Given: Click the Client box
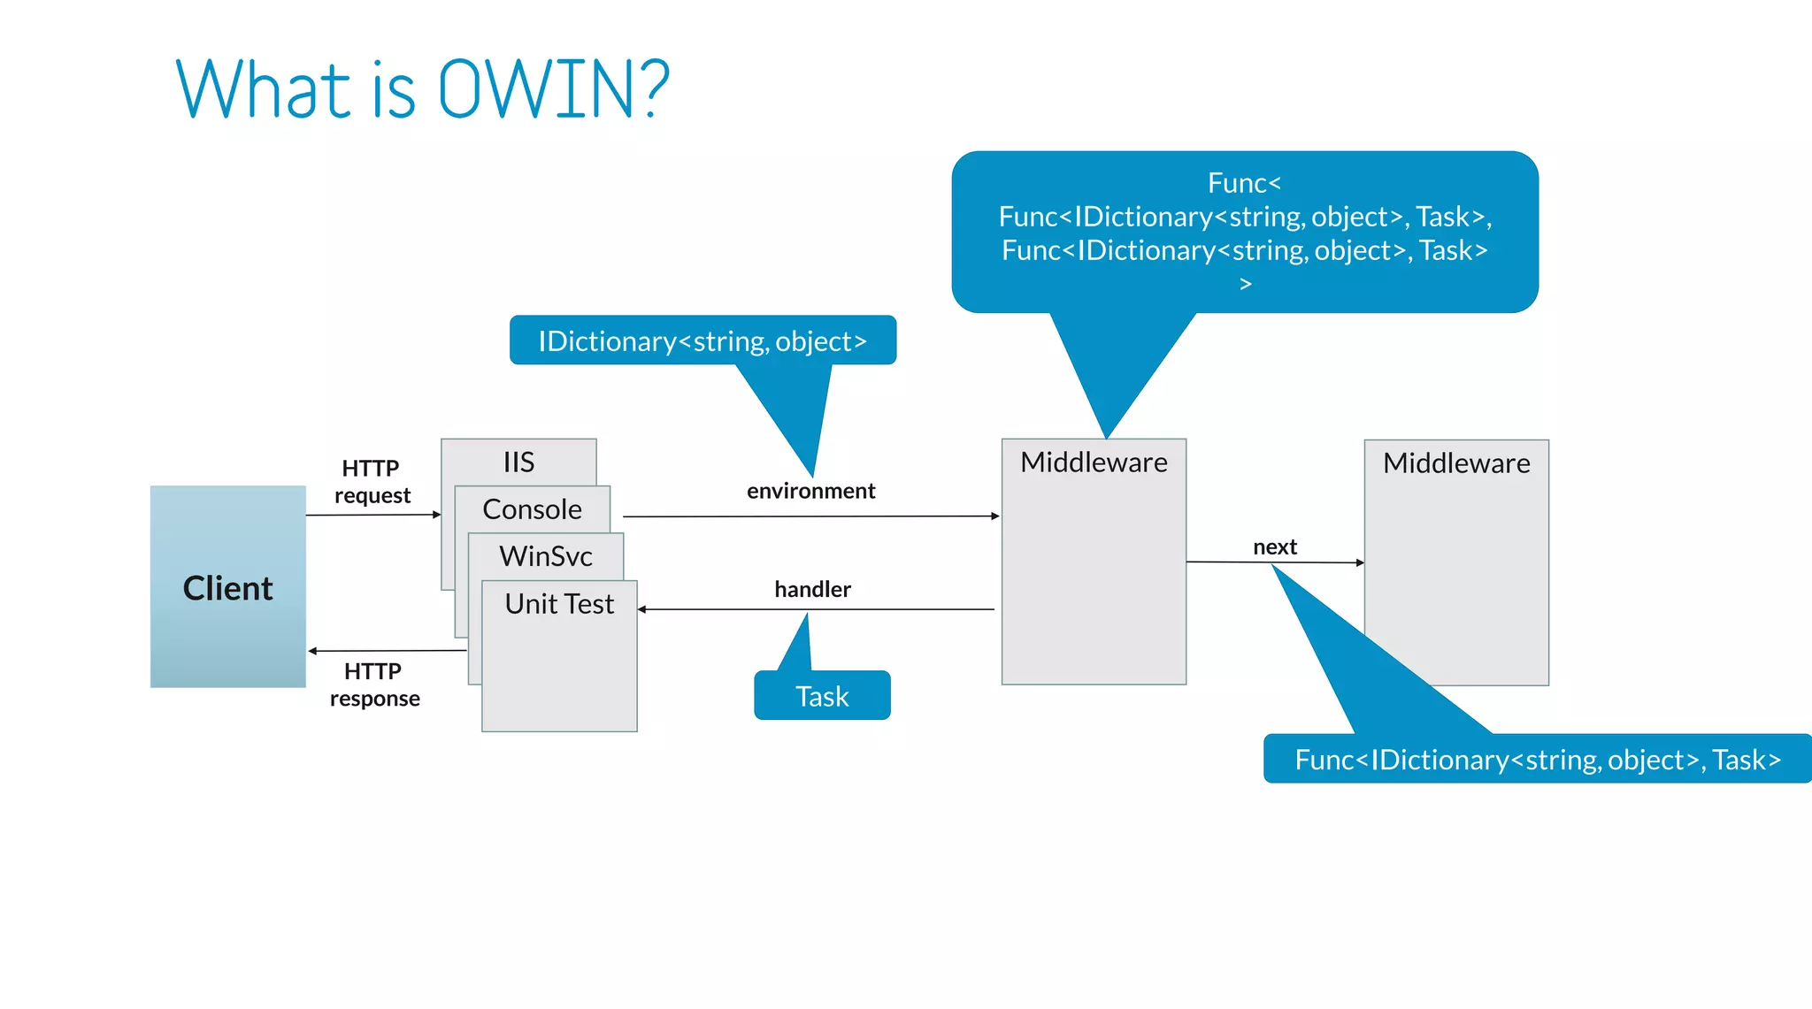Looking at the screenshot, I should (227, 588).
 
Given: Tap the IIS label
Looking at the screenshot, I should (518, 462).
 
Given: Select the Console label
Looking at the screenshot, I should (532, 509).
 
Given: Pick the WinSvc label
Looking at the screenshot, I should (545, 556).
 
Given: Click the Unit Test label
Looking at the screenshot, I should (559, 604).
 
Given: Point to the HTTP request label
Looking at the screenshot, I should (372, 481).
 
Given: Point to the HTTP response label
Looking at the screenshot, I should (374, 684).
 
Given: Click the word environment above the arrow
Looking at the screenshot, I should (810, 491).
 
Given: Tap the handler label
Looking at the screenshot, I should (812, 589).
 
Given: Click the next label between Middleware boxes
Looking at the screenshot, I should (1274, 547).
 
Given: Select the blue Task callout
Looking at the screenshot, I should (822, 696).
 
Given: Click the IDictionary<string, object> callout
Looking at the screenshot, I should (703, 340).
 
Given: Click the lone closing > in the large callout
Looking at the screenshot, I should (1245, 284).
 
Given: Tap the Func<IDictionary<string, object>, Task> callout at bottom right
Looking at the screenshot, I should (1537, 760).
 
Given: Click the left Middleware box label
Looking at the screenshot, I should (1094, 462).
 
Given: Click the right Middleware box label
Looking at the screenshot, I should (1456, 463).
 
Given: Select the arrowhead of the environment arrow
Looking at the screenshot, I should (995, 516).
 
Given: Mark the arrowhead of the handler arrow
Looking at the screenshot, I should (642, 609).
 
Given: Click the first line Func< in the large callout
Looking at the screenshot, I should (1244, 183).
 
